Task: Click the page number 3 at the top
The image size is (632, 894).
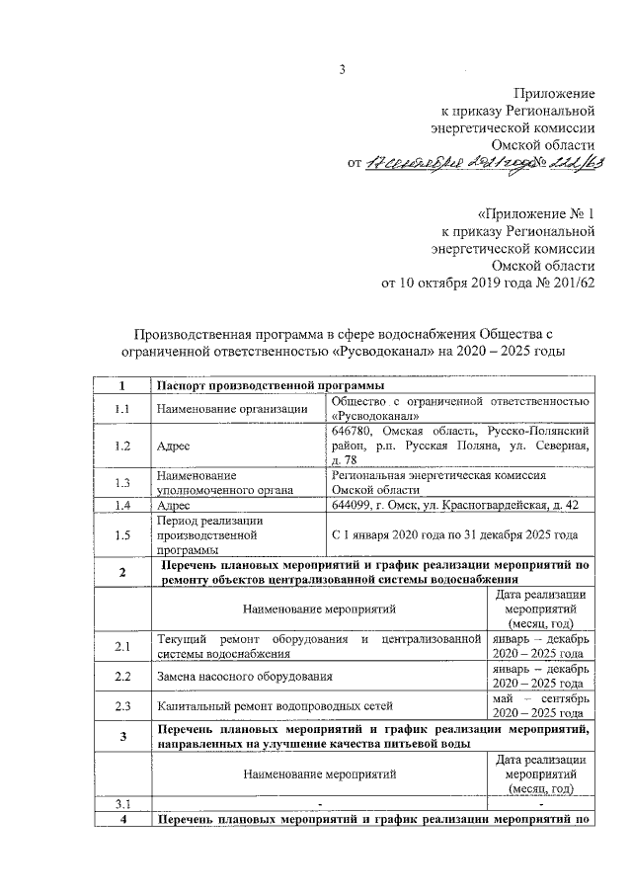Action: click(x=343, y=69)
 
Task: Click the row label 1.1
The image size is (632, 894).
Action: click(x=122, y=409)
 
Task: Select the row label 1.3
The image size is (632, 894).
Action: click(x=122, y=482)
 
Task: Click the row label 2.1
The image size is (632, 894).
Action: click(x=122, y=647)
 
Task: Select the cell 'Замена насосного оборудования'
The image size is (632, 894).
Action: click(x=244, y=677)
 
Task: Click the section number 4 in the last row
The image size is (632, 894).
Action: click(x=122, y=820)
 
